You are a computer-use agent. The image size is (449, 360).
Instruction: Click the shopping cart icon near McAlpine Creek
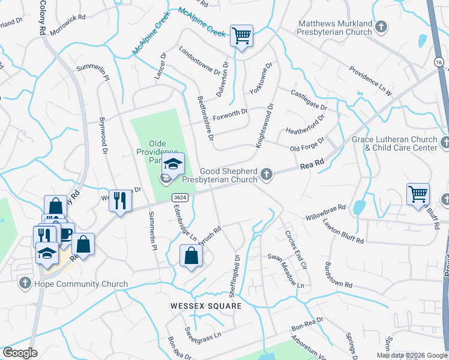coord(241,36)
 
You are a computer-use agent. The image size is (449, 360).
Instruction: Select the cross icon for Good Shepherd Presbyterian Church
coord(267,175)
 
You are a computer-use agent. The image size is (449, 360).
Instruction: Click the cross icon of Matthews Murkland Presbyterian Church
coord(381,26)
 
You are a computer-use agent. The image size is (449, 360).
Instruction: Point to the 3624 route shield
coord(178,197)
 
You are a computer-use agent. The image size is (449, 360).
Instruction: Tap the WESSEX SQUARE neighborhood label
coord(205,306)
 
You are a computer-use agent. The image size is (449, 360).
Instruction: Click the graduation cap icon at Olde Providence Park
coord(173,164)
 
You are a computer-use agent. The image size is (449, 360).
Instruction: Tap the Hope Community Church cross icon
coord(25,282)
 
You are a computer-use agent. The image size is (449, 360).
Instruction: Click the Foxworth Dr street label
coord(230,113)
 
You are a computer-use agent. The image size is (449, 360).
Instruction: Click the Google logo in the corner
coord(20,353)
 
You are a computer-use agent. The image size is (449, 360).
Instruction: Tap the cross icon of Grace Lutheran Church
coord(445,142)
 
